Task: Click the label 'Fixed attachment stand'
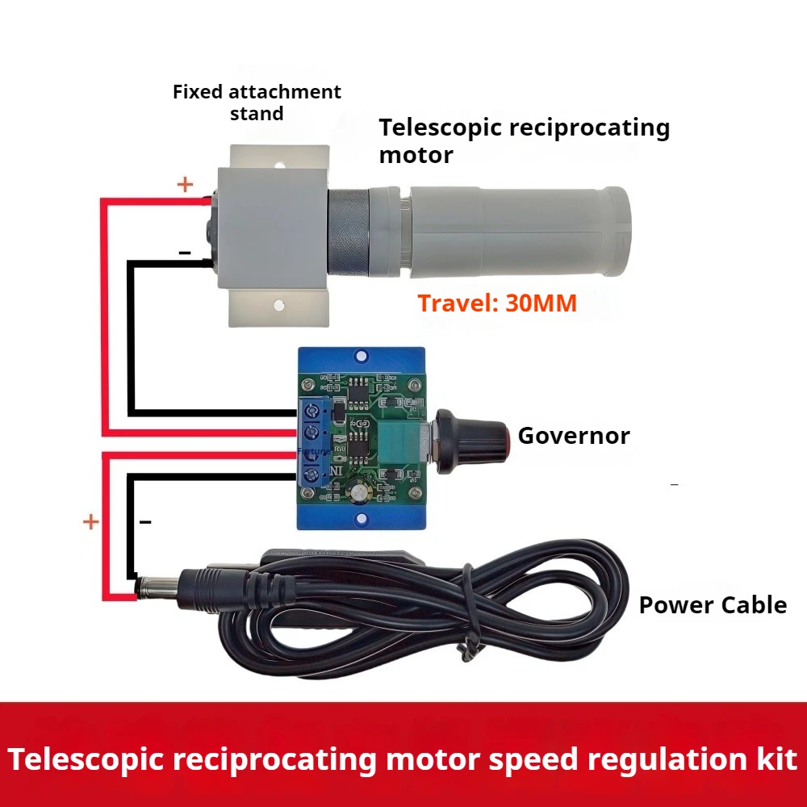[257, 102]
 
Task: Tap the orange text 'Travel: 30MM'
[496, 304]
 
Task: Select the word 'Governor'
[573, 436]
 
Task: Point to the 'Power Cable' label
[713, 605]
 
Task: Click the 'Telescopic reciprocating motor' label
[525, 140]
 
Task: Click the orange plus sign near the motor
[186, 185]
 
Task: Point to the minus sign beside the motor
[185, 253]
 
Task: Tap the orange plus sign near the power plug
[90, 522]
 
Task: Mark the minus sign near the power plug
[145, 522]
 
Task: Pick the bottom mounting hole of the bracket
[279, 306]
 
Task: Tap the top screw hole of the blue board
[360, 353]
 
